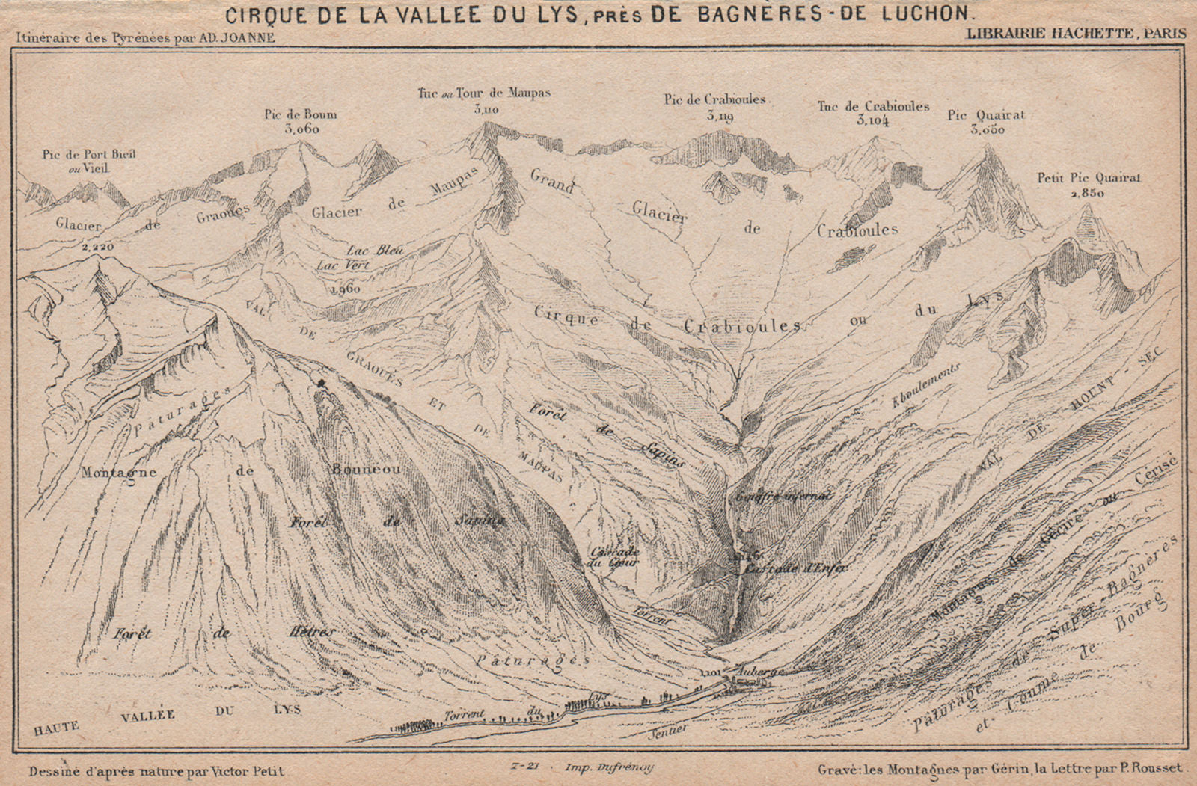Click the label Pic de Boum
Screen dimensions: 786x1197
[x=300, y=114]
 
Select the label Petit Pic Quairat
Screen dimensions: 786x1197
[x=1083, y=178]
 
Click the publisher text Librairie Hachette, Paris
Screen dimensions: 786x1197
[x=1075, y=33]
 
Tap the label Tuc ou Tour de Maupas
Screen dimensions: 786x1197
[x=485, y=93]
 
